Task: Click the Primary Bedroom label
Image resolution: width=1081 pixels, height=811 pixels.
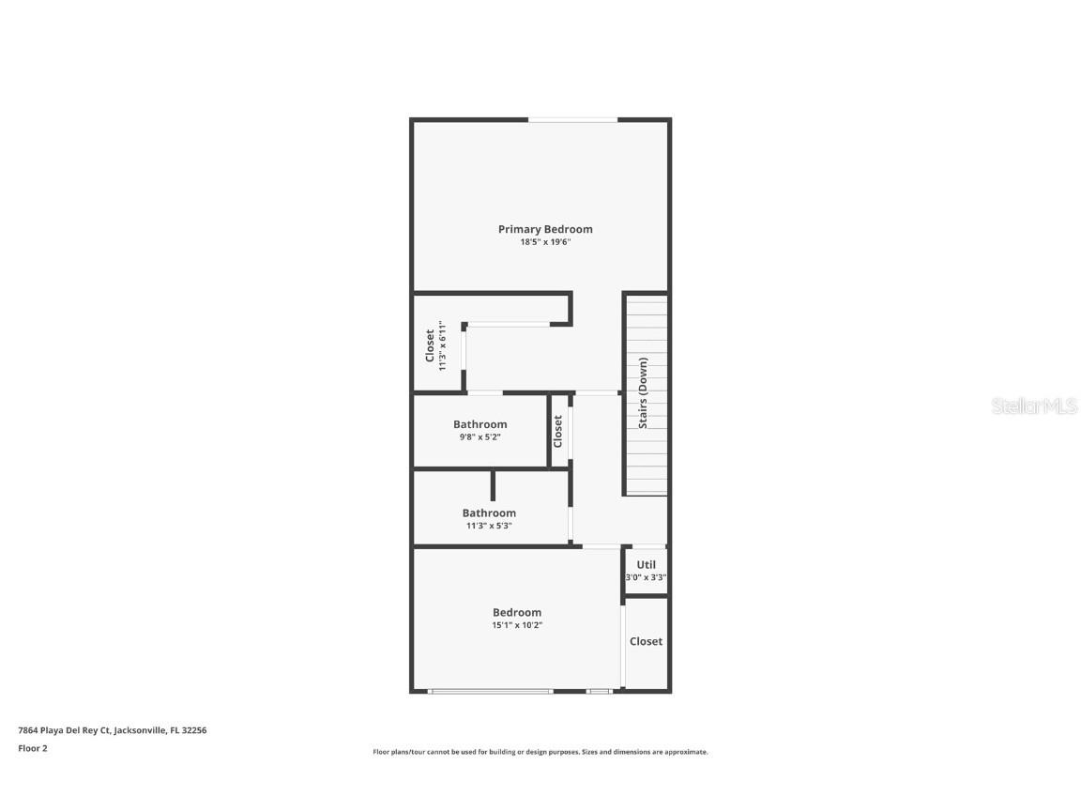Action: point(545,229)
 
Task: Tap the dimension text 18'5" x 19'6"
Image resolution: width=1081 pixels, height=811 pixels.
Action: point(545,242)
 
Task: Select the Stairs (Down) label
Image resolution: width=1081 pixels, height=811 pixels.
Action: point(644,392)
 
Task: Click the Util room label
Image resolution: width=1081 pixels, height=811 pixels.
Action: point(646,565)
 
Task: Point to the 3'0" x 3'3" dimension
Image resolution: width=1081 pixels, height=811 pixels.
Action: point(646,578)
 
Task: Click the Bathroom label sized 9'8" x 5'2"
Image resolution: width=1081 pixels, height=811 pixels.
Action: point(480,424)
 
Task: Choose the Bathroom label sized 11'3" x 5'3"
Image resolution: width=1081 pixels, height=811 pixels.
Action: point(489,513)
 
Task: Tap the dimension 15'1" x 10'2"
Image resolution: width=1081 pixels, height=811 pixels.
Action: point(517,624)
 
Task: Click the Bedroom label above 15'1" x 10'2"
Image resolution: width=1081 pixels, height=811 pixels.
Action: point(517,612)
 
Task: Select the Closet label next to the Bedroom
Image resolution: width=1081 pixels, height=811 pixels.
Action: point(646,641)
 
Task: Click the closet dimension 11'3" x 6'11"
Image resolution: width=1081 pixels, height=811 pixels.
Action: point(442,345)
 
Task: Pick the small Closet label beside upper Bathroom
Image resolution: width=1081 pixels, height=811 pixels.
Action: point(558,431)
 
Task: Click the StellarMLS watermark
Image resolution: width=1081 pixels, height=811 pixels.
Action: point(1034,405)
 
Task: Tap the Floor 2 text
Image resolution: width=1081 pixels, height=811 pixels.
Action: point(32,748)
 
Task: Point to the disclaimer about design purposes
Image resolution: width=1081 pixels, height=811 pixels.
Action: point(540,752)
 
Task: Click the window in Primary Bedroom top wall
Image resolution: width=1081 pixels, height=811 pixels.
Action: point(572,119)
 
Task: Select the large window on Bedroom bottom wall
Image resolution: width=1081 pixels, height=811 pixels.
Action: point(490,692)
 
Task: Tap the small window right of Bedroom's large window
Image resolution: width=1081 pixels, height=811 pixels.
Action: point(599,692)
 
